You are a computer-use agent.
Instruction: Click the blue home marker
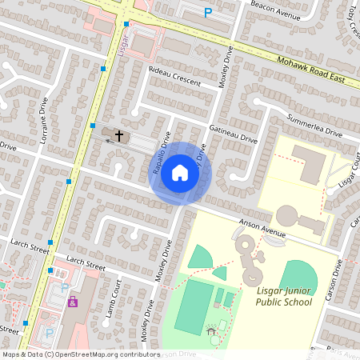click(x=180, y=173)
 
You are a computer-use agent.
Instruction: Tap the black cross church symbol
click(x=119, y=135)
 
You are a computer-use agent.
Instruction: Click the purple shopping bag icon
click(x=72, y=302)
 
